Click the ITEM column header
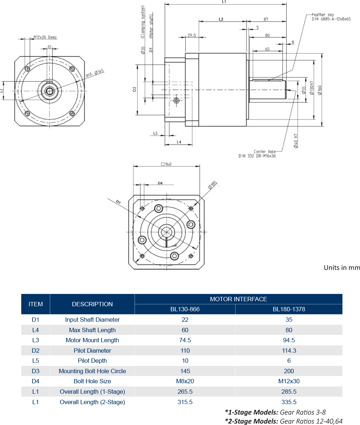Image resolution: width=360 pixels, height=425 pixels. click(36, 304)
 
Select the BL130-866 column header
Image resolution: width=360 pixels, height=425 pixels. click(185, 309)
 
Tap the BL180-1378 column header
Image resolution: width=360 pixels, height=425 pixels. click(289, 309)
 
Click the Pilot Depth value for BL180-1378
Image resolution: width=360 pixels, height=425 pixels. click(289, 361)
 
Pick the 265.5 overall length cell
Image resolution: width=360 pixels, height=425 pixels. click(185, 392)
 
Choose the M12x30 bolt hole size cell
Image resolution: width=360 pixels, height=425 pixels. click(289, 381)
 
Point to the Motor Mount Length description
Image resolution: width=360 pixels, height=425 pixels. click(92, 340)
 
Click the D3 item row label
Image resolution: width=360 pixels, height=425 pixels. click(36, 371)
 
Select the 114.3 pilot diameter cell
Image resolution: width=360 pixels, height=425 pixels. click(289, 351)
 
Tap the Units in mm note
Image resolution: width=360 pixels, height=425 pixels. click(342, 267)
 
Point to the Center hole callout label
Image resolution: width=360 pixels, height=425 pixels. click(265, 152)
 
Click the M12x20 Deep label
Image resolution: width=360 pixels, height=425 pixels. click(45, 37)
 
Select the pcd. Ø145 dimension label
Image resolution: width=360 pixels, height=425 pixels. click(95, 73)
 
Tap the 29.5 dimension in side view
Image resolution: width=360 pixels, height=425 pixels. click(192, 35)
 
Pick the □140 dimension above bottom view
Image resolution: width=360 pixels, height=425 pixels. click(166, 164)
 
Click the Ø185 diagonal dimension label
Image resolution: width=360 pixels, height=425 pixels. click(212, 186)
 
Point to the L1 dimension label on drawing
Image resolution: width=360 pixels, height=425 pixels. click(224, 2)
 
